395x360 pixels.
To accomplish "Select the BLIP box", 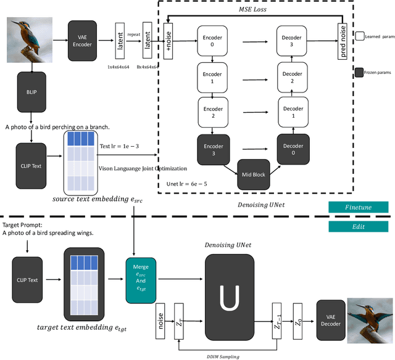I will pyautogui.click(x=31, y=92).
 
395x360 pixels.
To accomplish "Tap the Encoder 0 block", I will pyautogui.click(x=212, y=41).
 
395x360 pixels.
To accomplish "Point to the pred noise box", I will pyautogui.click(x=343, y=43).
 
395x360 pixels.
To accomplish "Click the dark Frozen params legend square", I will pyautogui.click(x=360, y=72).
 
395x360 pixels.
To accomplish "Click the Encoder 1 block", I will pyautogui.click(x=212, y=76).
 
